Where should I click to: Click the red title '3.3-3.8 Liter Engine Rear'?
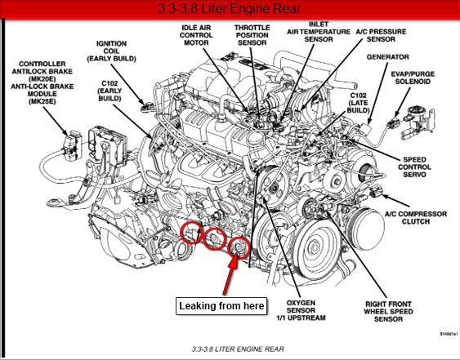[x=229, y=8]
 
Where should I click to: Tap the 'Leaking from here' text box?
[x=221, y=306]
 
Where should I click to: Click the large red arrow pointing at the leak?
[x=231, y=275]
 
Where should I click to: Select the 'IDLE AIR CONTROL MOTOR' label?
[x=196, y=35]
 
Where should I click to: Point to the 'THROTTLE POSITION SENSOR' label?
[x=252, y=35]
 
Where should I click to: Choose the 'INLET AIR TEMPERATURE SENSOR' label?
[x=319, y=32]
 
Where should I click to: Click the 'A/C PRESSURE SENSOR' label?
[x=381, y=35]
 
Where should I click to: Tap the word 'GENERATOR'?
[x=387, y=57]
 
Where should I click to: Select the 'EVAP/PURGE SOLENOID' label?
[x=413, y=78]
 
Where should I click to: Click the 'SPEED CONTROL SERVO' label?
[x=414, y=167]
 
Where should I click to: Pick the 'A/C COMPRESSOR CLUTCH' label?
[x=416, y=217]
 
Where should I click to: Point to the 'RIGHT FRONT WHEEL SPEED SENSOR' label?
[x=388, y=311]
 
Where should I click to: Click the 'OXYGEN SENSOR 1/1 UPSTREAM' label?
[x=301, y=310]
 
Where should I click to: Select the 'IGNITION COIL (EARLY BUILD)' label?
[x=111, y=51]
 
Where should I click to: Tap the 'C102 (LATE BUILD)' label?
[x=358, y=103]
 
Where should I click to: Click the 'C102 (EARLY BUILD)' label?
[x=109, y=91]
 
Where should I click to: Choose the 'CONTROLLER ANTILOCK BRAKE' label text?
[x=42, y=68]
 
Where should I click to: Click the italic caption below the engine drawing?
[x=238, y=349]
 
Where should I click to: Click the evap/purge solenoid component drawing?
[x=418, y=122]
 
